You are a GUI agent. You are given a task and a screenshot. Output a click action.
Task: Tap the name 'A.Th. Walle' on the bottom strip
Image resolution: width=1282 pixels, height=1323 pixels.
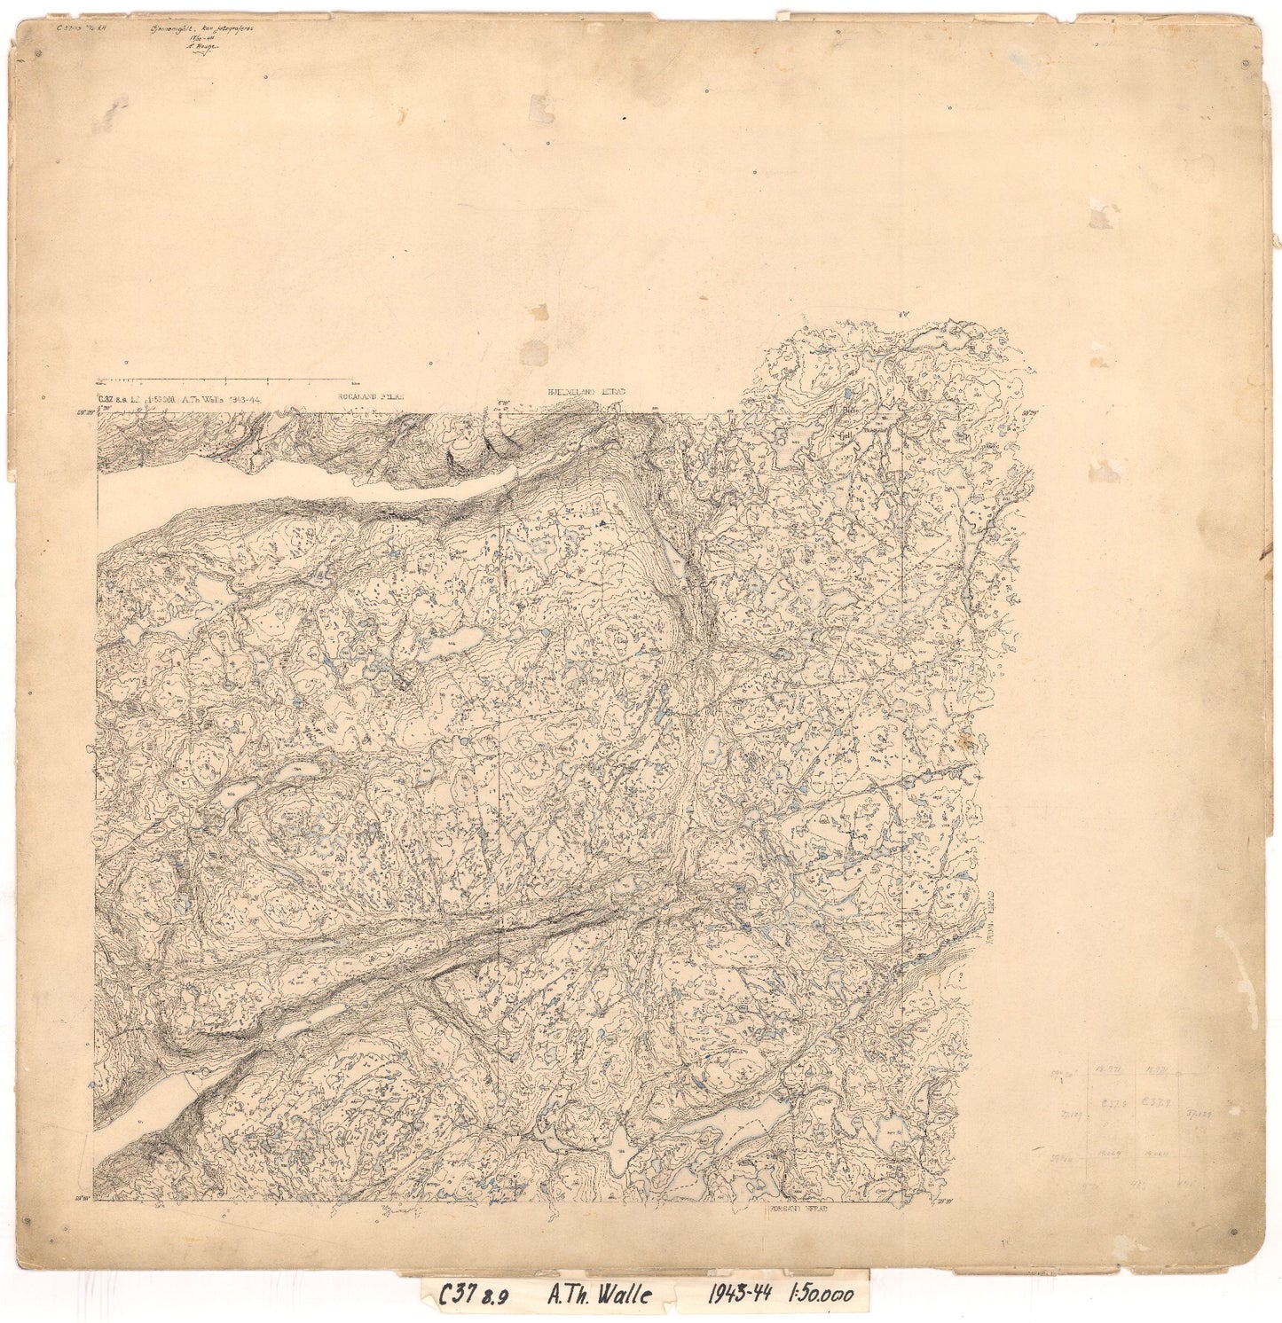pos(598,1296)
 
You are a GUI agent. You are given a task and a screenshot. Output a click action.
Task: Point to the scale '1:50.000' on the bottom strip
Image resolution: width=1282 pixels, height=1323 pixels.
pos(822,1295)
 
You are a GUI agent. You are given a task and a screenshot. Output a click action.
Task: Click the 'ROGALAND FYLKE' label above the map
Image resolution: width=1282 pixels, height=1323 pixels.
pos(369,398)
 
